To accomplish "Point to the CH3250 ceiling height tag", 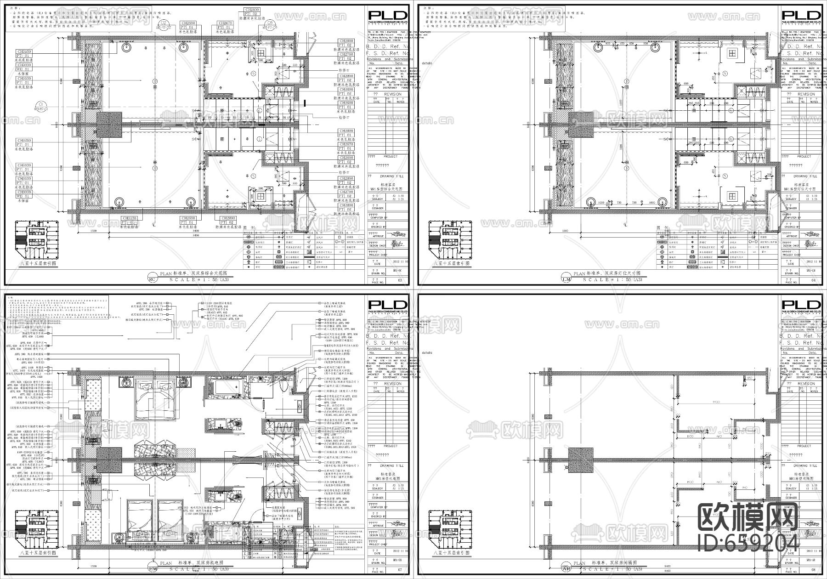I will click(x=24, y=141).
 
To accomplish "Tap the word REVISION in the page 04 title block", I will click(x=806, y=94).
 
